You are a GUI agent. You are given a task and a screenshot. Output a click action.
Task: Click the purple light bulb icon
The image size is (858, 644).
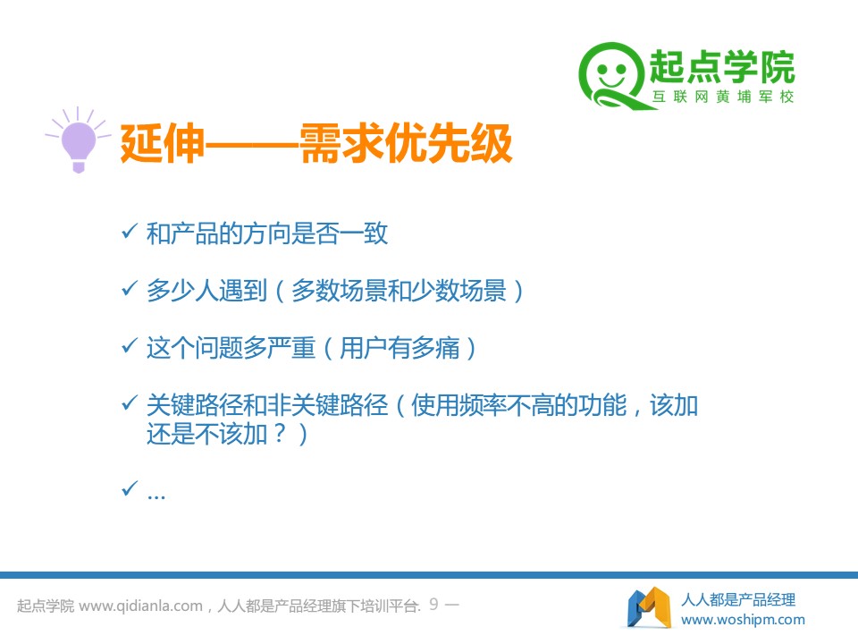78,140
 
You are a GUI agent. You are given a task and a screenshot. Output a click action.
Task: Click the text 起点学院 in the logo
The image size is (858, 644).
722,67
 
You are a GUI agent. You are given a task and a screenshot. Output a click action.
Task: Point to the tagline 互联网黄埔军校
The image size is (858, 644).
722,97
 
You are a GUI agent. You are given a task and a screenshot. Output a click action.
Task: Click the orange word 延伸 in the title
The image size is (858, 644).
162,143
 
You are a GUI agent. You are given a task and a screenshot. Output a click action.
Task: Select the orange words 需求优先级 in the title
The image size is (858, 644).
406,143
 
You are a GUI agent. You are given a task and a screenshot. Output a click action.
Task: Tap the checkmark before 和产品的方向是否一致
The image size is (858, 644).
129,231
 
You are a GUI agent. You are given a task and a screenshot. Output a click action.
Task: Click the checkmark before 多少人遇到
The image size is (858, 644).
129,288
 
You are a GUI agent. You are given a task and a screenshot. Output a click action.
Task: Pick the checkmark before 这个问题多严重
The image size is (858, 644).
129,345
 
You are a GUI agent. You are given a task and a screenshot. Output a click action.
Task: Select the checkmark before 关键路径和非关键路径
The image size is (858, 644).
129,403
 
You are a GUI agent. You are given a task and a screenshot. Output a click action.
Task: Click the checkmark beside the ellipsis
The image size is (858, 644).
129,488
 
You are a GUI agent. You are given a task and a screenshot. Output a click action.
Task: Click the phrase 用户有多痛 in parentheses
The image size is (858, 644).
400,348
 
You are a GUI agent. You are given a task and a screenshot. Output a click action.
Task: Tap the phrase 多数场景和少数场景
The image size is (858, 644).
399,290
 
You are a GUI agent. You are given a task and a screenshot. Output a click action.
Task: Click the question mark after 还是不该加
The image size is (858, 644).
280,434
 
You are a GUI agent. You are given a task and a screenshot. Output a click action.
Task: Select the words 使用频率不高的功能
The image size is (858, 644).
518,405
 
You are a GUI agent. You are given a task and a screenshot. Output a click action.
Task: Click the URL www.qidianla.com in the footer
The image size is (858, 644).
140,606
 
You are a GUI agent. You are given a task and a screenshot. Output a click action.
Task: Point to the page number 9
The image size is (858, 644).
433,604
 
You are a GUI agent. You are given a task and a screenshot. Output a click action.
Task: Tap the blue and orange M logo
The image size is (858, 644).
650,607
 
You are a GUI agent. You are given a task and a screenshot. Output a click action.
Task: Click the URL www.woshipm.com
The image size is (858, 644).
743,619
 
